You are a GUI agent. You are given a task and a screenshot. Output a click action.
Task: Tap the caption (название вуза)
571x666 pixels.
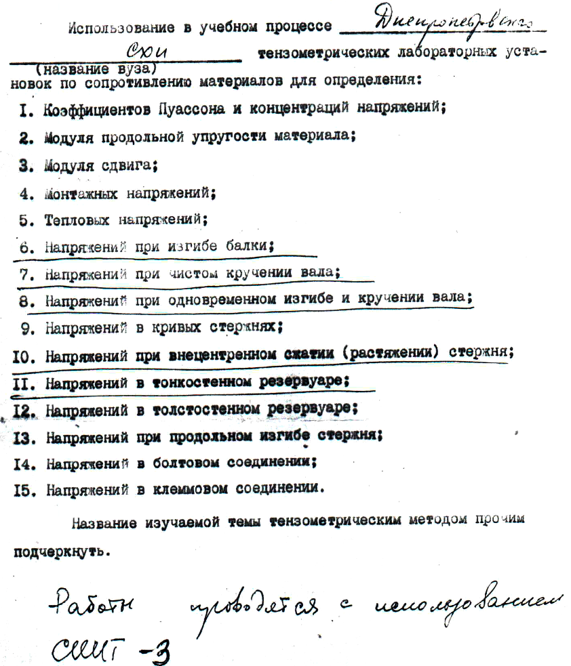99,69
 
